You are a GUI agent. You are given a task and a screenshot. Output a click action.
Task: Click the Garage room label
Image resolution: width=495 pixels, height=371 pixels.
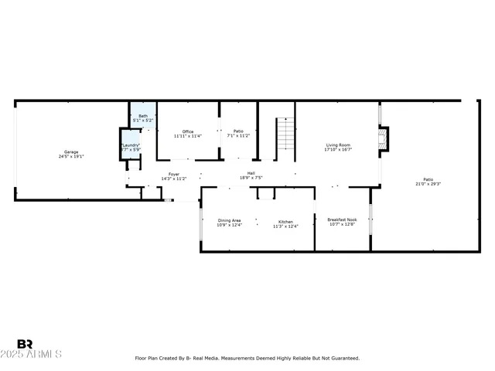click(70, 151)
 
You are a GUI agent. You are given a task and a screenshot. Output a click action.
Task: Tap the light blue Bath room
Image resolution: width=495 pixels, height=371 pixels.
click(143, 118)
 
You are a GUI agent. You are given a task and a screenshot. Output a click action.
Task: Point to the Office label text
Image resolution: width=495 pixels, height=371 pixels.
click(187, 131)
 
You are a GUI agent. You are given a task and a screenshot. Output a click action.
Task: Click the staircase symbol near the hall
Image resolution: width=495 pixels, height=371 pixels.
click(286, 134)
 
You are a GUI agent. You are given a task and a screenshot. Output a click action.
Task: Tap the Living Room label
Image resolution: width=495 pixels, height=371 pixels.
click(338, 145)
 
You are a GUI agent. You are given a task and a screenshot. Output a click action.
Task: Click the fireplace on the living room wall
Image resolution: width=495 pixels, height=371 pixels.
click(381, 139)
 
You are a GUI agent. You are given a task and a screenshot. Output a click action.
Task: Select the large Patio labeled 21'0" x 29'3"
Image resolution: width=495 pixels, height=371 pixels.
click(428, 179)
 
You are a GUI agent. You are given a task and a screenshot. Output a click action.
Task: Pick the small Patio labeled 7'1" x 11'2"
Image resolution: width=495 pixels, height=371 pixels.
click(238, 131)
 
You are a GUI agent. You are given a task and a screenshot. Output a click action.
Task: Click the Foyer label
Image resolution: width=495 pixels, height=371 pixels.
click(174, 174)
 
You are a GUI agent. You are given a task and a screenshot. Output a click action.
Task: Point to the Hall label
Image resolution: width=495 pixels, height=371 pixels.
click(251, 173)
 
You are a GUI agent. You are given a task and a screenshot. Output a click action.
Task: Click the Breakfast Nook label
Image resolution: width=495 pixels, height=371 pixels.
click(342, 219)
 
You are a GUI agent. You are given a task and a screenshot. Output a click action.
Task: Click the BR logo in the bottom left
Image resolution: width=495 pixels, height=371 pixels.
click(25, 343)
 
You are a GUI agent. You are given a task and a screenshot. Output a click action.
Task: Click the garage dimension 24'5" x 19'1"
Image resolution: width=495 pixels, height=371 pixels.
click(70, 157)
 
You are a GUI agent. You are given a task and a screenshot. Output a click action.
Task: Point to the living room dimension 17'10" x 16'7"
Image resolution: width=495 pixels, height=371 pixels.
click(338, 150)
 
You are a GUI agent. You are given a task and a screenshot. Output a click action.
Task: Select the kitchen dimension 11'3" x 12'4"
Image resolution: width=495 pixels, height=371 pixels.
click(285, 226)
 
